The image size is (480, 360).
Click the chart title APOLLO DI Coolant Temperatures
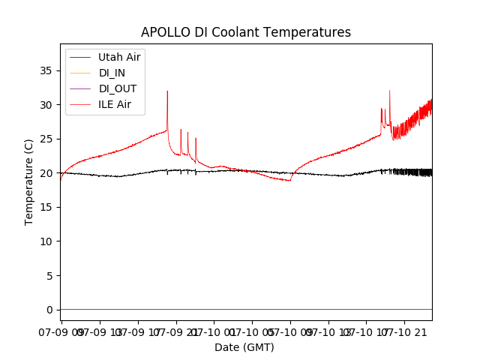pos(246,32)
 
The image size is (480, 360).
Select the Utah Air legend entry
pos(119,57)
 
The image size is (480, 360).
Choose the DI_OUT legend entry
pos(118,88)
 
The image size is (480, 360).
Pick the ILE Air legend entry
pos(115,104)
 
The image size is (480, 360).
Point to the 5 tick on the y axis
pos(51,275)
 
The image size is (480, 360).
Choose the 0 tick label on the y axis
pos(51,310)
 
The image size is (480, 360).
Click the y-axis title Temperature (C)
pos(29,181)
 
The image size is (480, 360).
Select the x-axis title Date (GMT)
pos(244,347)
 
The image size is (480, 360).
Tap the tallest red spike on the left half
pos(167,91)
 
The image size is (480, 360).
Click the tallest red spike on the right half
pos(389,91)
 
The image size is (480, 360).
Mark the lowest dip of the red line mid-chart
pos(289,181)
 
